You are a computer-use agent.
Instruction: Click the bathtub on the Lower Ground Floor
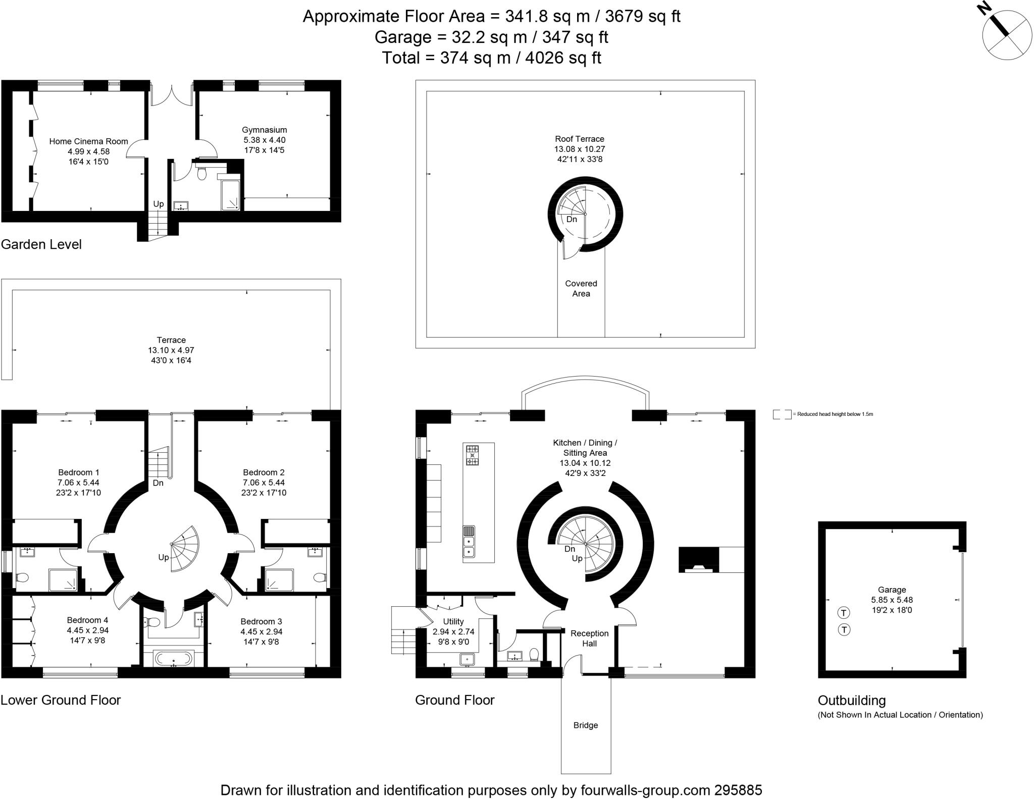174,658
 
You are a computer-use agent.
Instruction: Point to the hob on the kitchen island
472,455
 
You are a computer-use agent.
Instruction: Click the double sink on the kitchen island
469,547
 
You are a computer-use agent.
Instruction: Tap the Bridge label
586,725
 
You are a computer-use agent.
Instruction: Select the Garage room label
892,590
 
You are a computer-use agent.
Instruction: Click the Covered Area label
581,288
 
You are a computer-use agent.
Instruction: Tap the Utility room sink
468,659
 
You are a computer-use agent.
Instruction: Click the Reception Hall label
590,638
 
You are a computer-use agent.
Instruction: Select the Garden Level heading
41,244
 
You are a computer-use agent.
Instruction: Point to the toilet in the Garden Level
202,173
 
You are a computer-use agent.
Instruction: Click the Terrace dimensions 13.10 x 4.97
171,350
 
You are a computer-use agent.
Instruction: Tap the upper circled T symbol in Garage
844,613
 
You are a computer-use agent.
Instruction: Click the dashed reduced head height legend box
782,414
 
